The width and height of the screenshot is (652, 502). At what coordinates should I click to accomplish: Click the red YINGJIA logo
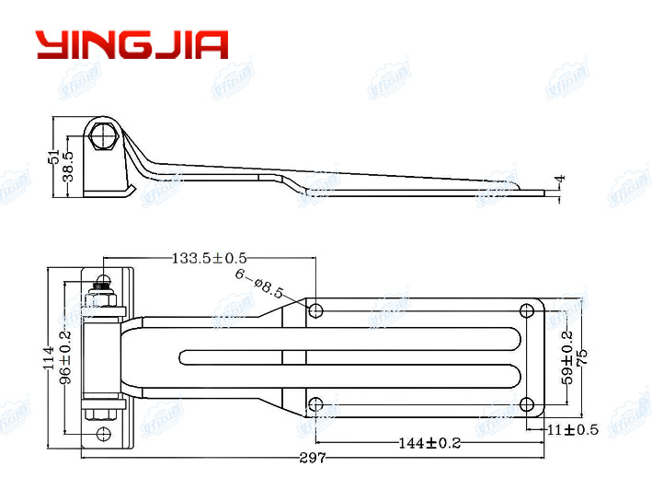point(132,44)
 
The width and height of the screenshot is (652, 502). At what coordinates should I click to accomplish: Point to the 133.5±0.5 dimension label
point(209,259)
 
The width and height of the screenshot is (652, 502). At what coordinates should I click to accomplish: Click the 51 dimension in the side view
point(53,157)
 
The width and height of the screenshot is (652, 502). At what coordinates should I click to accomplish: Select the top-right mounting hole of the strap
point(527,309)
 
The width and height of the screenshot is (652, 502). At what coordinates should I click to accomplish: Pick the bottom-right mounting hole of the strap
point(527,403)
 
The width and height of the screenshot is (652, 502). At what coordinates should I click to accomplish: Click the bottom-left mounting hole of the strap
point(315,403)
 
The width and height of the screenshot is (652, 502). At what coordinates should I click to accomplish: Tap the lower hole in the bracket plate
point(104,433)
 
